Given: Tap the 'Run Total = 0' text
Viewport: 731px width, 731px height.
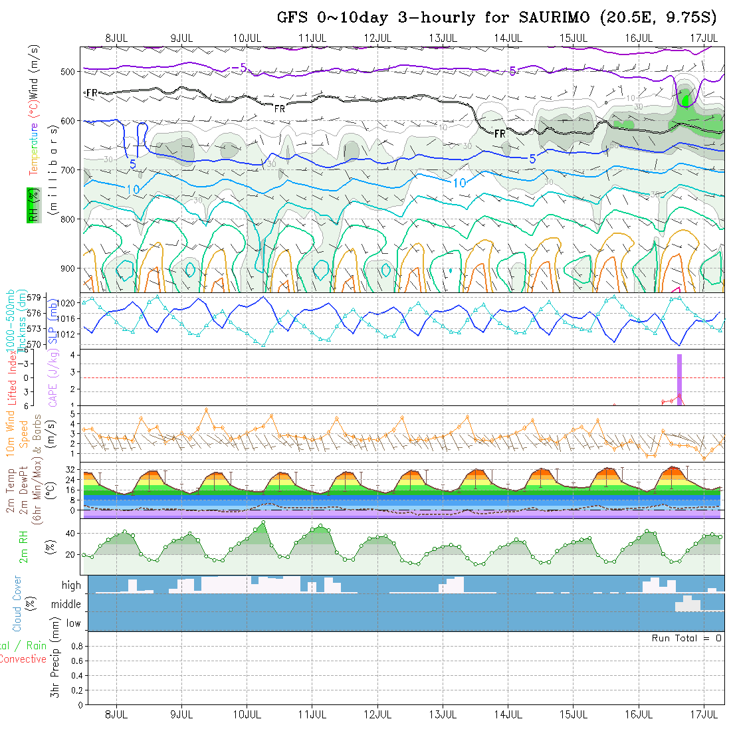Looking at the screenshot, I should point(686,638).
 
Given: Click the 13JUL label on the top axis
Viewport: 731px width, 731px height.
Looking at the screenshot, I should point(443,38).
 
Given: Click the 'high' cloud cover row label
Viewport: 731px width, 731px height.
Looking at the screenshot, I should point(71,585).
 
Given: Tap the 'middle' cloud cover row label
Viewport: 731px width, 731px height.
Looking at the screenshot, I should point(66,605).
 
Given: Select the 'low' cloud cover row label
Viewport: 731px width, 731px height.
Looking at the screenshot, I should point(73,623).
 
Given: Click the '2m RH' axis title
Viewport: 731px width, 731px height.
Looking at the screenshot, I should point(23,546).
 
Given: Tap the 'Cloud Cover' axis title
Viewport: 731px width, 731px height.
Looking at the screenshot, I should point(17,603).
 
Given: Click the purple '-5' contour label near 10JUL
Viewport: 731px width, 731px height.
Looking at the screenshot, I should point(239,66).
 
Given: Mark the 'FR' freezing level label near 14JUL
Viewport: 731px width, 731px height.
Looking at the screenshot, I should point(500,134).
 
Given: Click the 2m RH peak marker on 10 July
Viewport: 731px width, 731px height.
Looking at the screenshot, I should point(264,522).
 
